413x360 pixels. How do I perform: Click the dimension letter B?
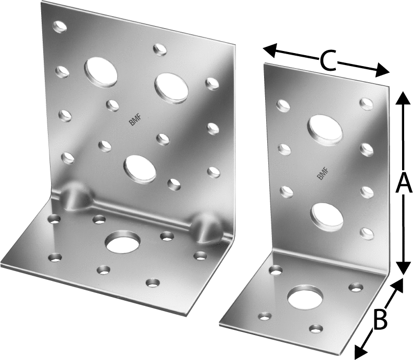pyautogui.click(x=380, y=320)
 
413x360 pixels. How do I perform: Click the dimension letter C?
pyautogui.click(x=329, y=61)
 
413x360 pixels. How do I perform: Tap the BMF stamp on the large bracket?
pyautogui.click(x=135, y=120)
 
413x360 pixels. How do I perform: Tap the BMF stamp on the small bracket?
pyautogui.click(x=322, y=174)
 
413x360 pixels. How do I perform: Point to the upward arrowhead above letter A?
pyautogui.click(x=403, y=99)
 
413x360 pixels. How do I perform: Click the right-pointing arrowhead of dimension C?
pyautogui.click(x=381, y=70)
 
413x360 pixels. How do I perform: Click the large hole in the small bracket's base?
pyautogui.click(x=306, y=298)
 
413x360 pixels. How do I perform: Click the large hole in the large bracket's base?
pyautogui.click(x=123, y=242)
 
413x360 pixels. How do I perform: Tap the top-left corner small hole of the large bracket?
pyautogui.click(x=60, y=27)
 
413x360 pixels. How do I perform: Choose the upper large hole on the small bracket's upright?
pyautogui.click(x=325, y=130)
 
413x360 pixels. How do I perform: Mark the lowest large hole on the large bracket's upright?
pyautogui.click(x=140, y=170)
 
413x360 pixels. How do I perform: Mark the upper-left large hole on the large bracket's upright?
pyautogui.click(x=101, y=72)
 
